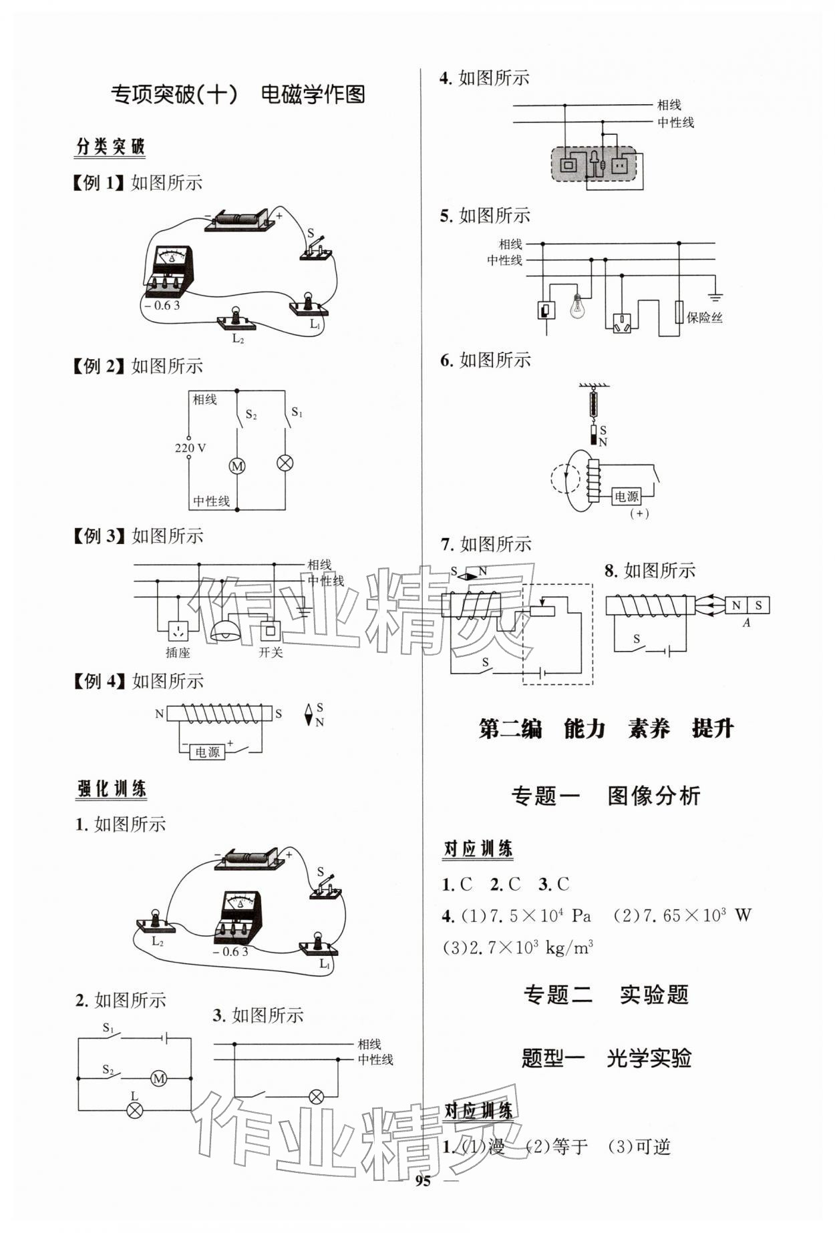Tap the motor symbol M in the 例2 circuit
pos(237,466)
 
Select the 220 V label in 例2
pos(190,447)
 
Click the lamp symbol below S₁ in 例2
pos(286,463)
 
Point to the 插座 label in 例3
pos(178,653)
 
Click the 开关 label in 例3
pos(271,652)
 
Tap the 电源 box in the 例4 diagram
pos(207,752)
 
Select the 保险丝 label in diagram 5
pos(704,318)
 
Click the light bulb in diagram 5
pos(576,306)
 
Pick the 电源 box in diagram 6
pos(627,496)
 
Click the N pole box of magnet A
pos(736,605)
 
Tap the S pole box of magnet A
pos(758,605)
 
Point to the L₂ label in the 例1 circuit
pos(238,338)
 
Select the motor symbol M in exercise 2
pos(158,1078)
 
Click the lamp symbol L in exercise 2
pos(135,1110)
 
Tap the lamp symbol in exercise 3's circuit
pos(315,1096)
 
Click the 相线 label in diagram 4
pos(669,105)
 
